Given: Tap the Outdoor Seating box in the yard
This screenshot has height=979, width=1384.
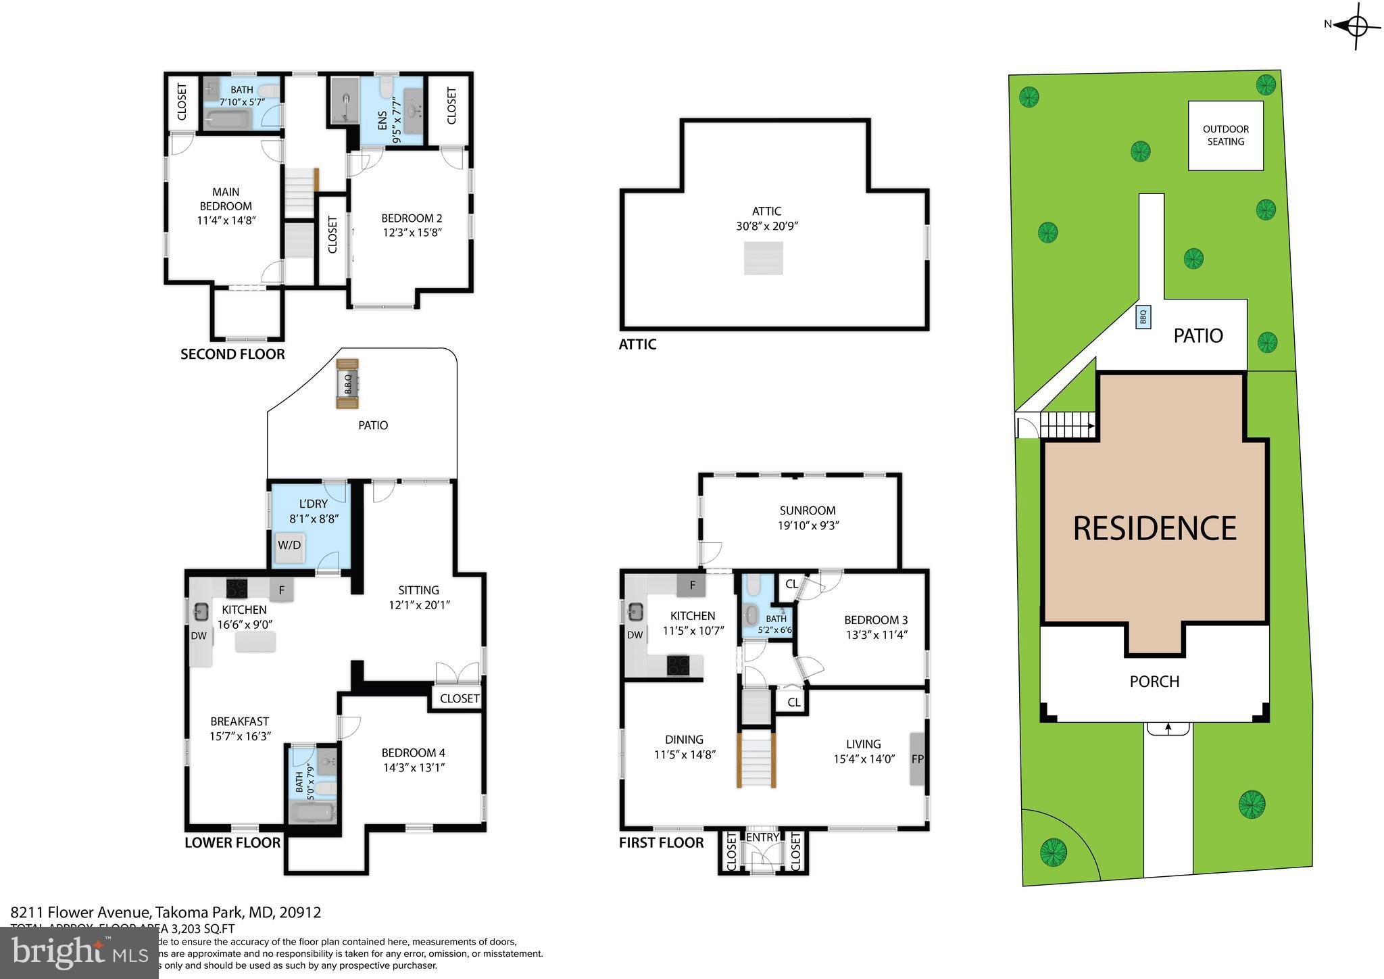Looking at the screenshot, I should pyautogui.click(x=1225, y=135).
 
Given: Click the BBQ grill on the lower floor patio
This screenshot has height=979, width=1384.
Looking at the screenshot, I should pyautogui.click(x=348, y=384).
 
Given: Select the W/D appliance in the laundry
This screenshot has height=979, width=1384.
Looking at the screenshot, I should pyautogui.click(x=289, y=545).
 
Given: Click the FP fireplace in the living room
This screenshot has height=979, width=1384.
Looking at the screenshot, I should pyautogui.click(x=917, y=759).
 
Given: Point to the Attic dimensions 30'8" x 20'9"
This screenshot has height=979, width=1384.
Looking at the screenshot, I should pyautogui.click(x=767, y=226).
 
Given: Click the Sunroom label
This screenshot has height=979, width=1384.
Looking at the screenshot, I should pyautogui.click(x=808, y=510).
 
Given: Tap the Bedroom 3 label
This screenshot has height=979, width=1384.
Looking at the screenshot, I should pyautogui.click(x=875, y=620).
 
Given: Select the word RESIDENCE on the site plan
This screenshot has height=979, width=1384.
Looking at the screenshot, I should pyautogui.click(x=1154, y=528).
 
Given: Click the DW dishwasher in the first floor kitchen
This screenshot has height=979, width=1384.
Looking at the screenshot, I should pyautogui.click(x=635, y=635).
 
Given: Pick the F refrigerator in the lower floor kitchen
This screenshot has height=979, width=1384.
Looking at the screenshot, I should pyautogui.click(x=281, y=590).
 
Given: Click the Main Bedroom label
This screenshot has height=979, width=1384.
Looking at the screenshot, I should pyautogui.click(x=226, y=199).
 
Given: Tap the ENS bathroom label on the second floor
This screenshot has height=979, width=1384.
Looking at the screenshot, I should pyautogui.click(x=382, y=120).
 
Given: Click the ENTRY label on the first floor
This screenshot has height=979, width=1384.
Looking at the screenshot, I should pyautogui.click(x=762, y=837).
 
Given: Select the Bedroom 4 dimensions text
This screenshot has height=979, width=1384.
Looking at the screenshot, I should pyautogui.click(x=413, y=767).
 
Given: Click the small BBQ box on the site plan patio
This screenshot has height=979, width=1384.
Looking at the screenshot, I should pyautogui.click(x=1143, y=316).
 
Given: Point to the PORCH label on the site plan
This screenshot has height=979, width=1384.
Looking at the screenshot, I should pyautogui.click(x=1154, y=682).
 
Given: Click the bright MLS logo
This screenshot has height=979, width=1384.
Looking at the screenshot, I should pyautogui.click(x=79, y=953).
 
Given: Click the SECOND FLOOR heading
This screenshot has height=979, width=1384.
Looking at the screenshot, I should pyautogui.click(x=232, y=354).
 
